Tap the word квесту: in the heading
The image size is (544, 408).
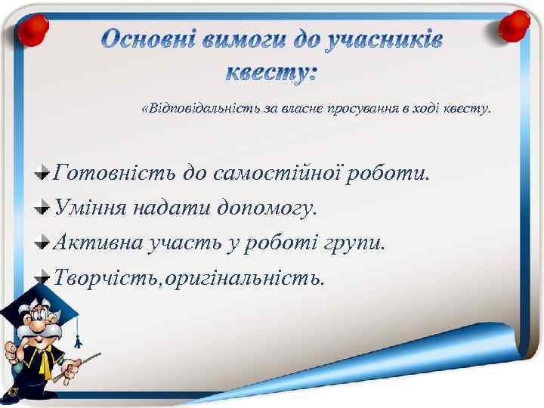pos(272,73)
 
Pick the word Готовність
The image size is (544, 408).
pos(113,174)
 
